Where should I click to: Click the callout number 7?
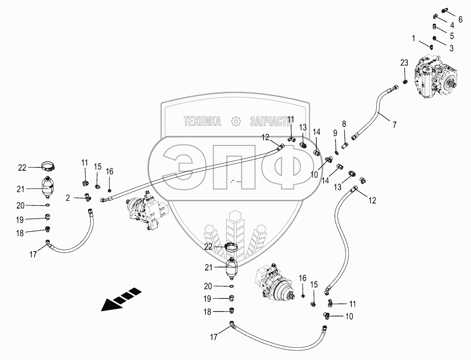click(394, 124)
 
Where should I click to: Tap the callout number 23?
click(404, 63)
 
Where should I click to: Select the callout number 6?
click(460, 20)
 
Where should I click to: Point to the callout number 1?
click(414, 38)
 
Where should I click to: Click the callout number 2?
click(68, 198)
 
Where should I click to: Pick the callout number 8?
click(344, 124)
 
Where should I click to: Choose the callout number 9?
click(335, 133)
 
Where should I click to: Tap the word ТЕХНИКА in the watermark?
click(202, 121)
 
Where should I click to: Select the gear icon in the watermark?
click(236, 121)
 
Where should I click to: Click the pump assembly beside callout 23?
click(436, 79)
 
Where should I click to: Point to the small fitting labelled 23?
click(405, 81)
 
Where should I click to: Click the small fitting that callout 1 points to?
click(431, 47)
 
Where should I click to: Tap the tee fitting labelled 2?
click(88, 198)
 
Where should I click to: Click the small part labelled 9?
click(337, 154)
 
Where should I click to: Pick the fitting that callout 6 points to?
click(445, 11)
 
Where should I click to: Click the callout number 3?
click(451, 48)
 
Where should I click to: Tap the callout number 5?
click(451, 36)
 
